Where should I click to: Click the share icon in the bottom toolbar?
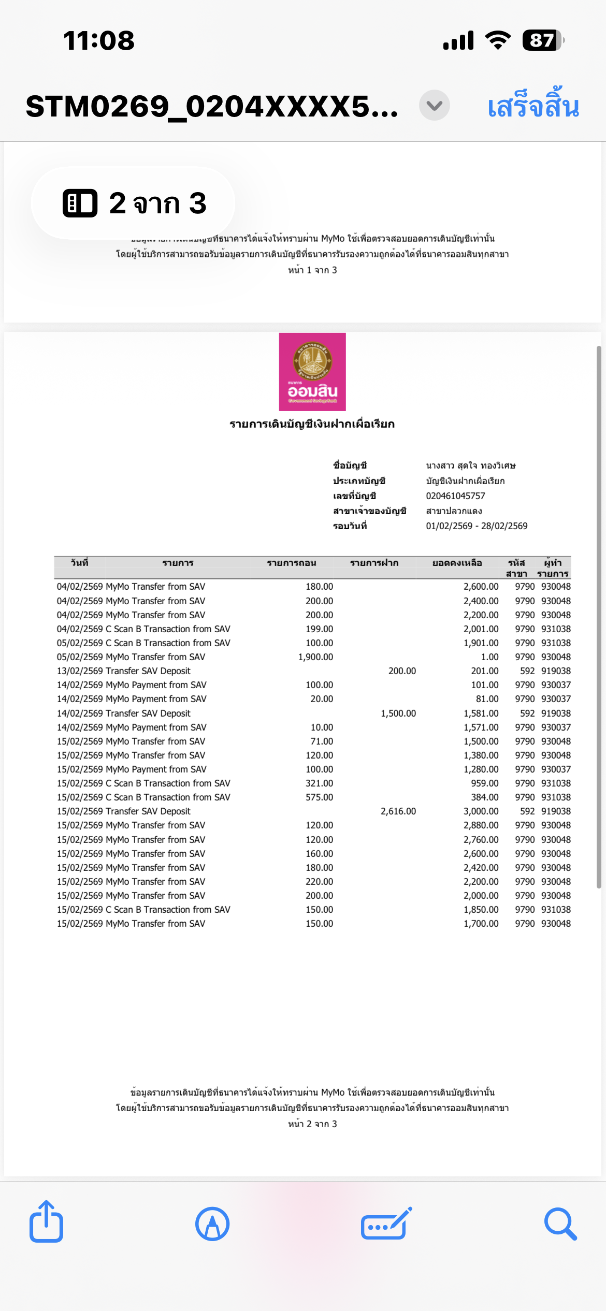pos(47,1223)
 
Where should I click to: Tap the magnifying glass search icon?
pos(560,1224)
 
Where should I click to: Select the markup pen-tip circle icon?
pos(212,1224)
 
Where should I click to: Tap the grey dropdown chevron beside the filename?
pos(434,106)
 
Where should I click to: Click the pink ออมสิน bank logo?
pos(312,372)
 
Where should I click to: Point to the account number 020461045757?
pos(455,496)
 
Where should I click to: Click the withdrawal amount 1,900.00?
pos(315,657)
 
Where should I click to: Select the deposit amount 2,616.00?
pos(398,811)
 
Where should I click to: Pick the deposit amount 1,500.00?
pos(398,713)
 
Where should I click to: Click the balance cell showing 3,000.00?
pos(481,811)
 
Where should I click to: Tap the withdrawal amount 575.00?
pos(319,797)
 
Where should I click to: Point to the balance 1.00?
pos(489,657)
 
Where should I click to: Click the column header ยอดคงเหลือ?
pos(457,563)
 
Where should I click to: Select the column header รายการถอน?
pos(291,563)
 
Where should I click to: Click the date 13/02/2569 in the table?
pos(80,671)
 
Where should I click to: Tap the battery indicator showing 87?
pos(542,40)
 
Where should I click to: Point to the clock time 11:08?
pos(98,40)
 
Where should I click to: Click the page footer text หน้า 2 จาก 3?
pos(312,1124)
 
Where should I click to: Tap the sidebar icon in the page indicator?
pos(80,203)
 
